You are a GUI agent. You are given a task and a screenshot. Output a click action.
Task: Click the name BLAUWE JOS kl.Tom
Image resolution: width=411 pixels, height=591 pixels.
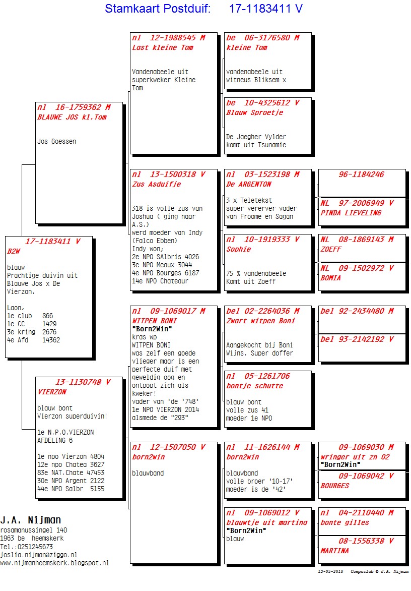coord(72,117)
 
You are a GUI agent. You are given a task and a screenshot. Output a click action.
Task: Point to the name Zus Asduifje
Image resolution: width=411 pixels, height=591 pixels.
coord(156,184)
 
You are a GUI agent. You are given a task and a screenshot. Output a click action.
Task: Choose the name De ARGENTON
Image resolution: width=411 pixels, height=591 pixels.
coord(249,184)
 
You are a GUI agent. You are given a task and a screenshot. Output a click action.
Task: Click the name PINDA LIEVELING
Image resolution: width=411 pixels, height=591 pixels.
coord(351,213)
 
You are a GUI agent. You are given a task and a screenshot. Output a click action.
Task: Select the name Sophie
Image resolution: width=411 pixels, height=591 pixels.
coord(238,249)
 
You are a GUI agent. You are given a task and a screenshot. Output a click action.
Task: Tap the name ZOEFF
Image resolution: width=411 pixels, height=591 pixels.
coord(331,249)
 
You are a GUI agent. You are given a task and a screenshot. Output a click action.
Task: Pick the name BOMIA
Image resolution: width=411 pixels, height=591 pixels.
coord(330,278)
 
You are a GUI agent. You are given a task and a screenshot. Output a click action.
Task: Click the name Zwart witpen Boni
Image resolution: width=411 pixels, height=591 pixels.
coord(260,321)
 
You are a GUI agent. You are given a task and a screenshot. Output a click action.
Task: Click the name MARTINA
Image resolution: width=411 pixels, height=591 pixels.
coord(334,551)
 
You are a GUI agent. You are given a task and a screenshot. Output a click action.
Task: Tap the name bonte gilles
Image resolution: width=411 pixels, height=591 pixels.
coord(345,522)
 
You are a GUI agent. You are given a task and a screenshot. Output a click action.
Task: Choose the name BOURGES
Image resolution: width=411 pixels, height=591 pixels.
coord(335,486)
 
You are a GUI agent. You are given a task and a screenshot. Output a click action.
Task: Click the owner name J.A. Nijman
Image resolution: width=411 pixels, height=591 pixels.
coord(31,520)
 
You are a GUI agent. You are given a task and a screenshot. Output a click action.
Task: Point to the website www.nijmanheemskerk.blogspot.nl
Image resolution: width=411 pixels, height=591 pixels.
coord(54,563)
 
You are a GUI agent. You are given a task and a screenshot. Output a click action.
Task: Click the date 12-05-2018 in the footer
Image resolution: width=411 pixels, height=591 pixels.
coord(330,571)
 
